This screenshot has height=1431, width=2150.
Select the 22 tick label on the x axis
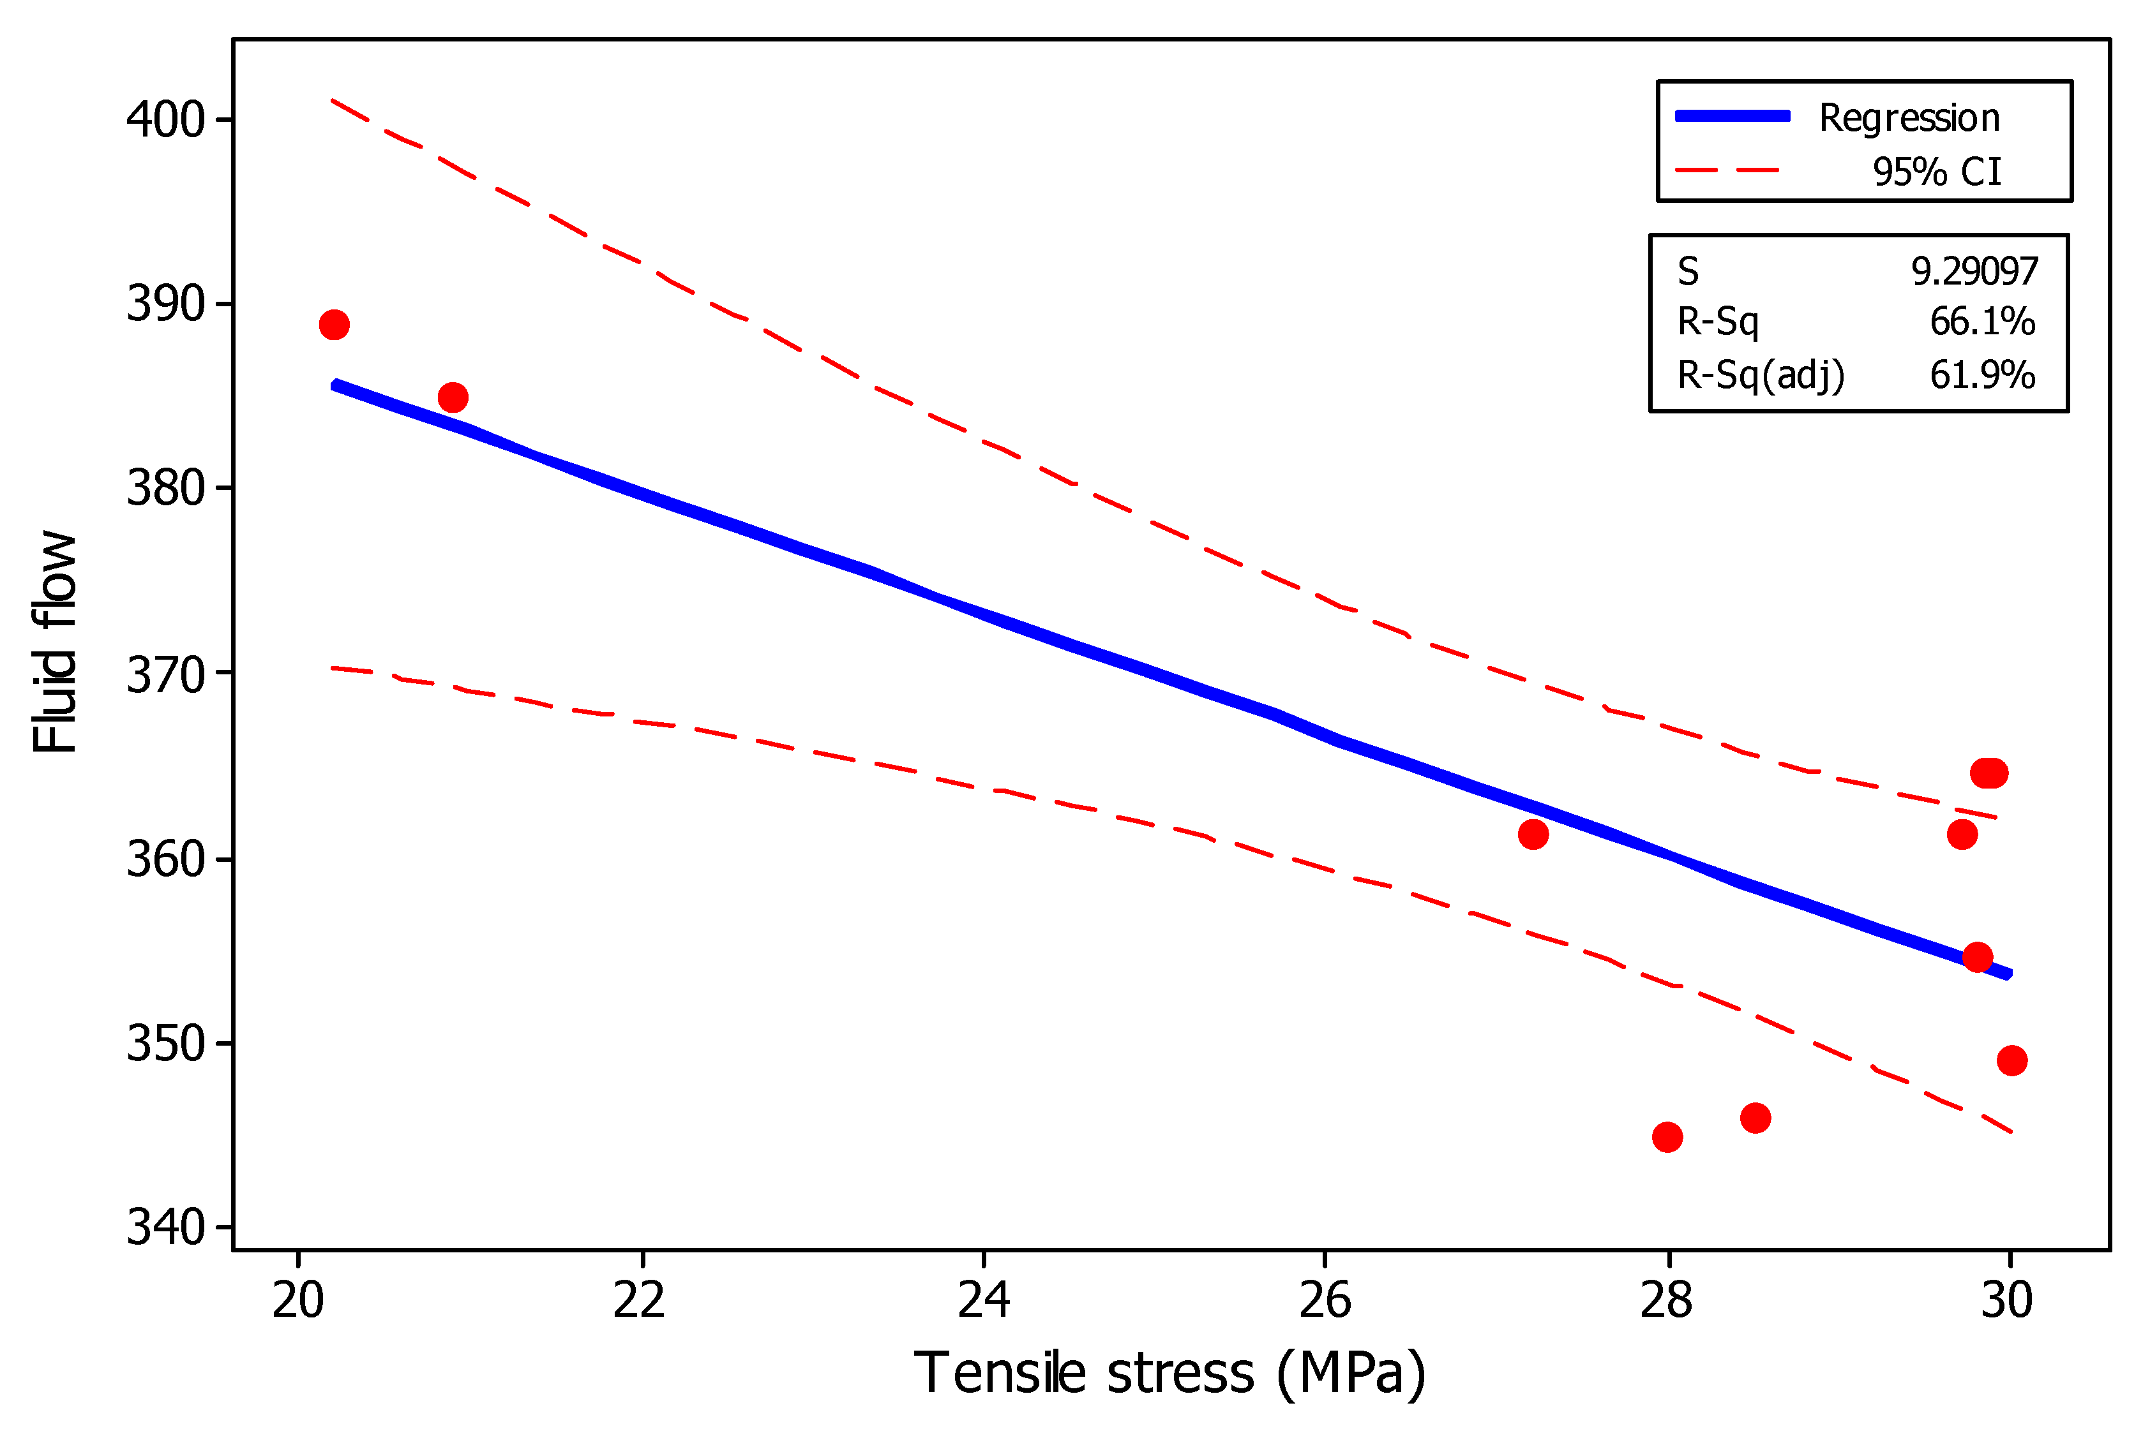tap(639, 1300)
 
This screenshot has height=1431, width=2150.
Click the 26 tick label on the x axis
tap(1325, 1300)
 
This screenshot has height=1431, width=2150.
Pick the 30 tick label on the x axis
tap(2006, 1300)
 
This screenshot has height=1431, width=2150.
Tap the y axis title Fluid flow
tap(55, 642)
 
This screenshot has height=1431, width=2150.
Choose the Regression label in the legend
tap(1909, 118)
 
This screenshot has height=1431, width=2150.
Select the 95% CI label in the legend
tap(1936, 172)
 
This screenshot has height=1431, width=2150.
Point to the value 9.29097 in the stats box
tap(1974, 271)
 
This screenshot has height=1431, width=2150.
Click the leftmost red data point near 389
tap(334, 324)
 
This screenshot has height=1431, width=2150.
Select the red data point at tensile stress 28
tap(1667, 1137)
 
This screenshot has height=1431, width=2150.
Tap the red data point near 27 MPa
tap(1533, 834)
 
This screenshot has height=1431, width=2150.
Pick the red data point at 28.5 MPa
tap(1755, 1118)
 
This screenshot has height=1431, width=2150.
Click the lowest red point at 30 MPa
tap(2012, 1060)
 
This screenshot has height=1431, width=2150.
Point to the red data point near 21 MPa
tap(453, 397)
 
